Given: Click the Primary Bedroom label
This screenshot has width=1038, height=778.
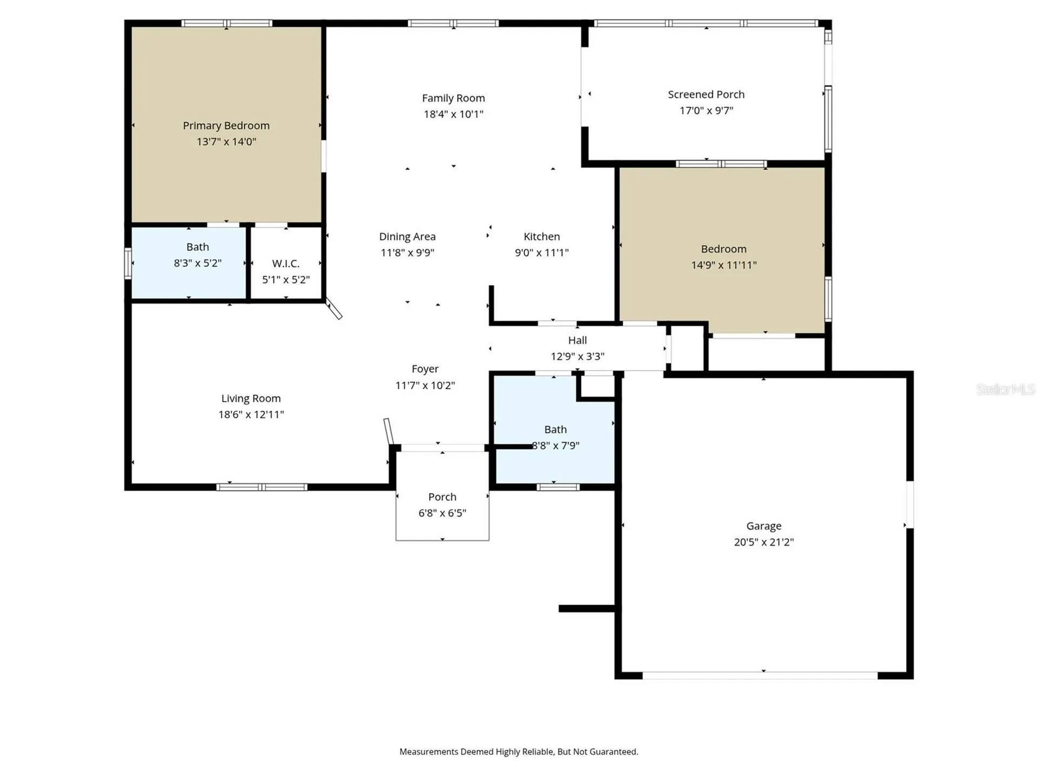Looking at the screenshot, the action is pyautogui.click(x=226, y=125).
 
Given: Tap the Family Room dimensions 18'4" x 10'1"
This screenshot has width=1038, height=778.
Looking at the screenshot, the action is pyautogui.click(x=453, y=114).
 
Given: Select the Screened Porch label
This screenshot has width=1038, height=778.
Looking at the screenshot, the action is pyautogui.click(x=706, y=95).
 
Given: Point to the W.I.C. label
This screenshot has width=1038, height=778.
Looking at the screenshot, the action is pyautogui.click(x=285, y=264).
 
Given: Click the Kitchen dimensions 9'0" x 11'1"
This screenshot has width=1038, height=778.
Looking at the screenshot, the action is pyautogui.click(x=542, y=252).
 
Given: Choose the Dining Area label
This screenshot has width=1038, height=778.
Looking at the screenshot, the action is pyautogui.click(x=407, y=237).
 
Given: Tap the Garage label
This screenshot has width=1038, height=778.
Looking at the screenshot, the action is pyautogui.click(x=763, y=526).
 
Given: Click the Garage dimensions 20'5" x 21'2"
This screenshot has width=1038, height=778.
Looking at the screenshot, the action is pyautogui.click(x=763, y=542).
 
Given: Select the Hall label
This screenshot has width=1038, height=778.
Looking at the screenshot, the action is pyautogui.click(x=577, y=340).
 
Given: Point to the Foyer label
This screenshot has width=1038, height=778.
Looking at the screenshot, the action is pyautogui.click(x=425, y=369).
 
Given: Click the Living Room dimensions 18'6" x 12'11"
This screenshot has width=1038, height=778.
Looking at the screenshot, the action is pyautogui.click(x=251, y=414).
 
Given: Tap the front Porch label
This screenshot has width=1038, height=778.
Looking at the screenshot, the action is pyautogui.click(x=442, y=497).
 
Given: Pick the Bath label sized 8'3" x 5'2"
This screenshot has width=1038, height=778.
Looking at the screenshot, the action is pyautogui.click(x=197, y=247).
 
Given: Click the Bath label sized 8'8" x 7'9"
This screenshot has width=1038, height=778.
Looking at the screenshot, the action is pyautogui.click(x=555, y=430).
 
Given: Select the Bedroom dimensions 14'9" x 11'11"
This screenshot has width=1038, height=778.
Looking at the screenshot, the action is pyautogui.click(x=723, y=265).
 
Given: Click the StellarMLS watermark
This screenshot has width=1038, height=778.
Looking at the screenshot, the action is pyautogui.click(x=1006, y=389).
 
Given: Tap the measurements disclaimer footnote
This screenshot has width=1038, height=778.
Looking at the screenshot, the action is pyautogui.click(x=518, y=752).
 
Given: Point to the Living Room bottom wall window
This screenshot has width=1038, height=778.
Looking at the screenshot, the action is pyautogui.click(x=262, y=487).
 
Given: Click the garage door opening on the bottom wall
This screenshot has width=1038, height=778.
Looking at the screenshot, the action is pyautogui.click(x=760, y=675).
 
